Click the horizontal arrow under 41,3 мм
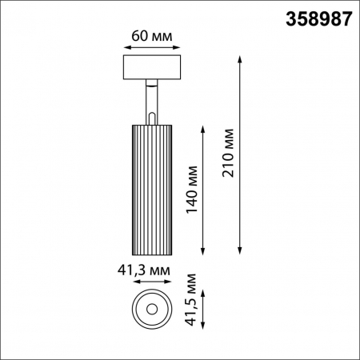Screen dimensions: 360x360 point(151,282)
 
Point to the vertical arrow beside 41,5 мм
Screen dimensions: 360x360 point(206,308)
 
